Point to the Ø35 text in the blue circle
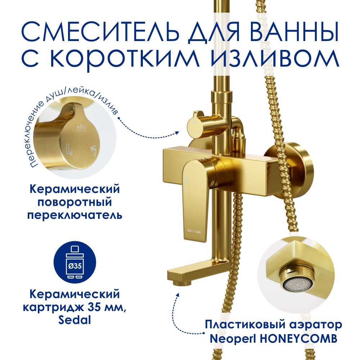(x=75, y=266)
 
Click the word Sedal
(x=75, y=320)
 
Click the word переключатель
(x=75, y=215)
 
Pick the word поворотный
(x=75, y=202)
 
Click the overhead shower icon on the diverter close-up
(x=81, y=128)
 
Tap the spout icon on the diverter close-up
(x=69, y=149)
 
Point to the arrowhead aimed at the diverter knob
(x=177, y=132)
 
